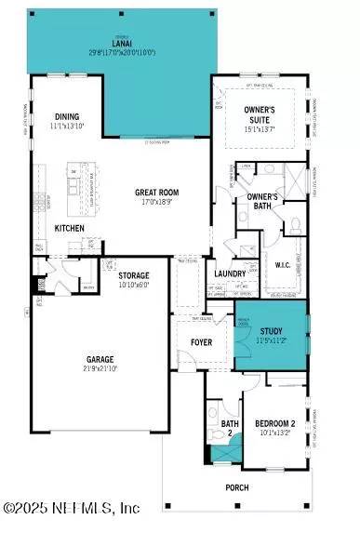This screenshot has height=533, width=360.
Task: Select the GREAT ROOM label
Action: point(156,192)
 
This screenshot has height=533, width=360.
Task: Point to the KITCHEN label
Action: point(70,228)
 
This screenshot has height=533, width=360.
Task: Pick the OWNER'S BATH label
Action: point(264,202)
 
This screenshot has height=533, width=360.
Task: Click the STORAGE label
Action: point(136,276)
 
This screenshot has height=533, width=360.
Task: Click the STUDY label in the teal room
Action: point(271,331)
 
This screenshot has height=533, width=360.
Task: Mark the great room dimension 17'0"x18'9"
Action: point(156,203)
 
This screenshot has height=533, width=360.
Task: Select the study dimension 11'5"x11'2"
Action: point(271,341)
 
